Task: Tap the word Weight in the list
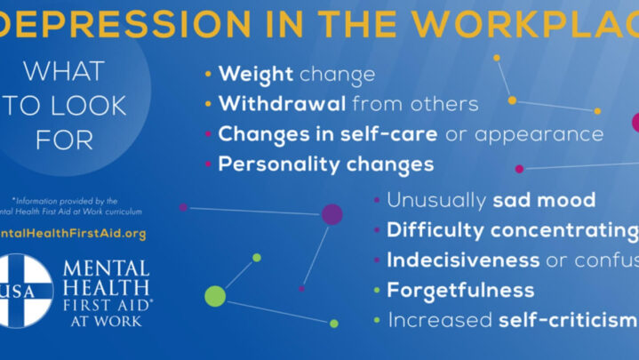pyautogui.click(x=244, y=74)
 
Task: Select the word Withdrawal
pyautogui.click(x=282, y=104)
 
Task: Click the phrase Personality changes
pyautogui.click(x=326, y=164)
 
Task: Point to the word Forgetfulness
pyautogui.click(x=460, y=291)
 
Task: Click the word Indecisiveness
pyautogui.click(x=463, y=260)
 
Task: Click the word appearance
pyautogui.click(x=539, y=134)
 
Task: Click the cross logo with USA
pyautogui.click(x=24, y=291)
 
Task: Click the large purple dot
pyautogui.click(x=331, y=213)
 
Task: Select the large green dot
pyautogui.click(x=215, y=296)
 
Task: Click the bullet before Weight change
pyautogui.click(x=208, y=75)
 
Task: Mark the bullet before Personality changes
pyautogui.click(x=208, y=164)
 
